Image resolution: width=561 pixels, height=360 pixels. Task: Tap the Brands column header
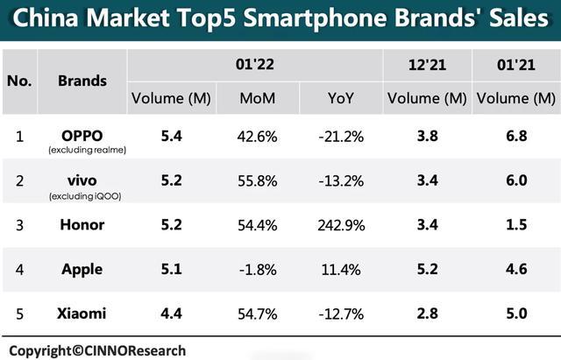[x=82, y=81]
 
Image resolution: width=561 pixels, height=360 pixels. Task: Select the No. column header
[x=19, y=81]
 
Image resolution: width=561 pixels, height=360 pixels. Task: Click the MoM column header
[x=257, y=98]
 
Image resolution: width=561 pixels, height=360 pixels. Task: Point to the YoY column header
[x=342, y=98]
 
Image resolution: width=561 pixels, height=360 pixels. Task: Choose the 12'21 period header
[x=427, y=64]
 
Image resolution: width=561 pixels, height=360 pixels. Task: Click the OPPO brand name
[x=82, y=135]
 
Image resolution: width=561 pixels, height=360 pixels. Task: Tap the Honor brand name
[x=82, y=224]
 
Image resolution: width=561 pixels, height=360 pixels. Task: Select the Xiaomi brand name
[x=82, y=314]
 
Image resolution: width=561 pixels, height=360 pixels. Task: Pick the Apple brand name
[x=82, y=269]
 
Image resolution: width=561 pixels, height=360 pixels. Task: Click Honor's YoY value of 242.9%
[x=342, y=224]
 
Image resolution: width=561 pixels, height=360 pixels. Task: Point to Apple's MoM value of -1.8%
[x=257, y=269]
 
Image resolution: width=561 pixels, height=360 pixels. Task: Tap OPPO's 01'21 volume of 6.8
[x=515, y=136]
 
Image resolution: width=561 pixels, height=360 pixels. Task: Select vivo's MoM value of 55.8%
[x=257, y=180]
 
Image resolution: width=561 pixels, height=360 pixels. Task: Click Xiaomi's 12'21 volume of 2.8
[x=427, y=314]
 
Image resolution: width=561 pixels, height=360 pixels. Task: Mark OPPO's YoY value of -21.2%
[x=342, y=136]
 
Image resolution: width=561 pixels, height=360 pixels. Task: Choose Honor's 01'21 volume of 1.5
[x=515, y=224]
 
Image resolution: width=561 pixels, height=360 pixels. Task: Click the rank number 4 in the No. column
[x=19, y=269]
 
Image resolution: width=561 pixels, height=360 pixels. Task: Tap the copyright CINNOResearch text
[x=98, y=349]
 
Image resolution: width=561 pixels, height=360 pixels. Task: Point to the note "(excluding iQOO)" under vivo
[x=82, y=195]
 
